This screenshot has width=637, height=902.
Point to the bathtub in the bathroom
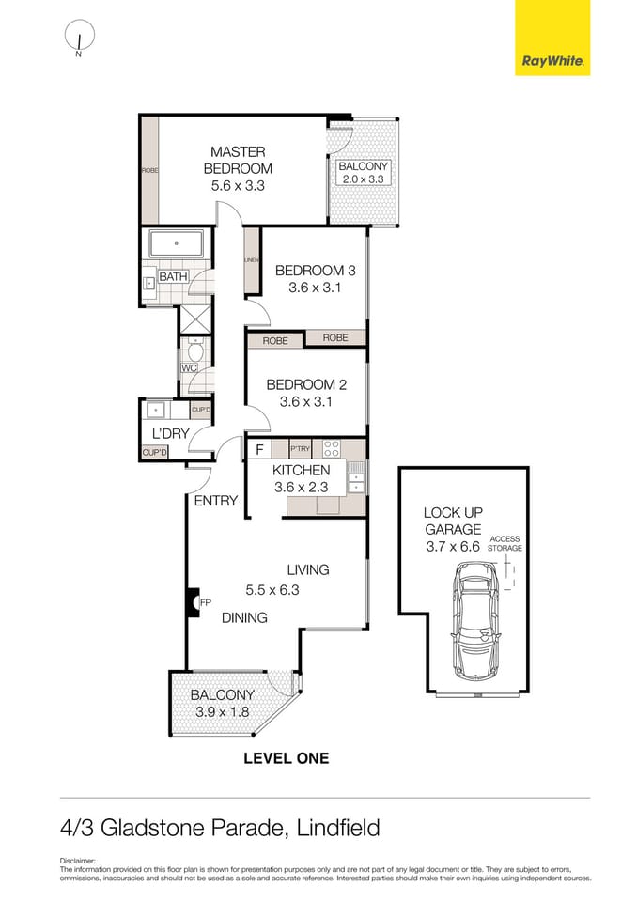point(176,244)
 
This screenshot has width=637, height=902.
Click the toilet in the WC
point(194,349)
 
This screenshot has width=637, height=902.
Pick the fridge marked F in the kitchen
point(259,450)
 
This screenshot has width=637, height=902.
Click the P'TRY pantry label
point(301,450)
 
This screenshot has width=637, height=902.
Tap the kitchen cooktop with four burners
point(331,449)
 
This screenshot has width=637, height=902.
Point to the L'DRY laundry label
point(171,433)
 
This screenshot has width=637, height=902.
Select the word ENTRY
point(216,501)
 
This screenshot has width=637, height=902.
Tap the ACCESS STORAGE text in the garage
point(505,543)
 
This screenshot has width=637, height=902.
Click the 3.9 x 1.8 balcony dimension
point(222,711)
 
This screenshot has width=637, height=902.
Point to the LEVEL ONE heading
point(287,758)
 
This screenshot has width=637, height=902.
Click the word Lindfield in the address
point(338,828)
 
